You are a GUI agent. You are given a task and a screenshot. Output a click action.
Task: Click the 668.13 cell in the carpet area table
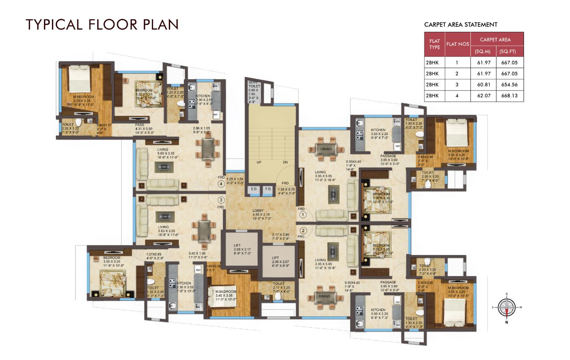(x=509, y=96)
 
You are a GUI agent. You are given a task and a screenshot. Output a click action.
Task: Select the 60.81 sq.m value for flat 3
(x=483, y=85)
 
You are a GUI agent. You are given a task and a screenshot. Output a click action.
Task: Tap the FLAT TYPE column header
(x=435, y=44)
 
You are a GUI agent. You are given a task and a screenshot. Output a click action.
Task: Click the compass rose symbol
(x=506, y=307)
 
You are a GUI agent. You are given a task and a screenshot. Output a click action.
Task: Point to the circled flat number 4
(x=221, y=183)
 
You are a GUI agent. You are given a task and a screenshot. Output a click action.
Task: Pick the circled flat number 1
(x=303, y=215)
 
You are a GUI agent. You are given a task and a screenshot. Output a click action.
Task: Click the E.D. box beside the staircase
(x=254, y=189)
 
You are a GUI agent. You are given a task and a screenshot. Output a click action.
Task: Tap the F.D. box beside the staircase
(x=268, y=189)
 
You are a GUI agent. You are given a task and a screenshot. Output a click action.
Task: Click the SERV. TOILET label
(x=254, y=84)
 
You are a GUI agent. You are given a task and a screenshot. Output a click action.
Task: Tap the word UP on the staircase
(x=259, y=162)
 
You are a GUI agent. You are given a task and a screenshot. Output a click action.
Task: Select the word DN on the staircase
(x=285, y=162)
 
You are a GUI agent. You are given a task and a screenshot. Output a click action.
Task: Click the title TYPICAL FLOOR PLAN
(x=102, y=24)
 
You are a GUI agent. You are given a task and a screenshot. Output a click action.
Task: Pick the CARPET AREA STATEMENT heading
(x=461, y=24)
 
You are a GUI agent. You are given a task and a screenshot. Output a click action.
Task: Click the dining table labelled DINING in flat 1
(x=326, y=149)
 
